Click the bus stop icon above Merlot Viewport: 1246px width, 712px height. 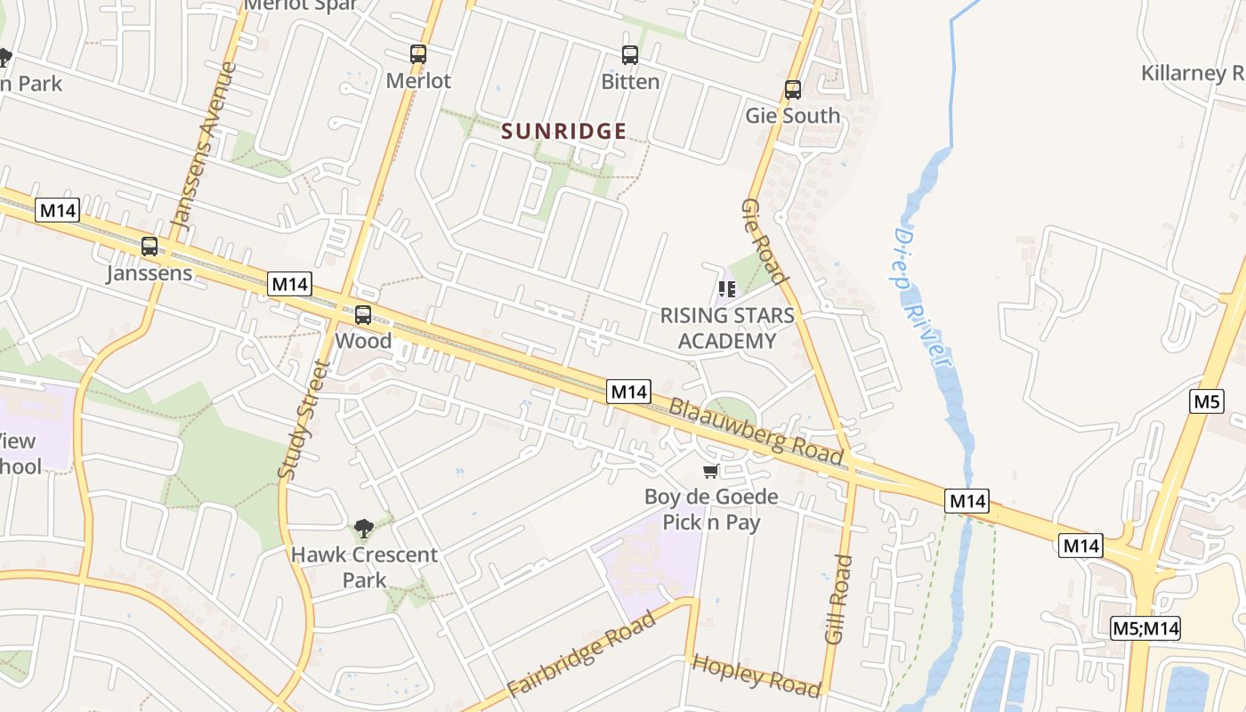[418, 54]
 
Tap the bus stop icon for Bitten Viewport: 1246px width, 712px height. [630, 55]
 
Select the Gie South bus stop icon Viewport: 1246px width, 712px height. [793, 90]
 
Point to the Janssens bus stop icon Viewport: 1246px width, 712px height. [150, 247]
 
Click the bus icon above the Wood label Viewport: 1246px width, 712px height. [363, 315]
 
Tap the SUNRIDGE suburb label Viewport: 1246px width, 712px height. [564, 132]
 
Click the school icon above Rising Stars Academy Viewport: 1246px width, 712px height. [727, 289]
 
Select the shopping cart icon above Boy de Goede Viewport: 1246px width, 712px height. [710, 471]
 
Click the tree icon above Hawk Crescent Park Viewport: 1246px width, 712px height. [363, 529]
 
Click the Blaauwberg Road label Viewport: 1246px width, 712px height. [756, 431]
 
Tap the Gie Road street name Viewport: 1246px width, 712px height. [765, 241]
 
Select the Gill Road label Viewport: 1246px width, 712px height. [838, 599]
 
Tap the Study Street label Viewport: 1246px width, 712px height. [303, 420]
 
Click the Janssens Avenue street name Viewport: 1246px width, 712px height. [204, 151]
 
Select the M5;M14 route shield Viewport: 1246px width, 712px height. [1145, 628]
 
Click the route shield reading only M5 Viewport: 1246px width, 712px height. [1207, 400]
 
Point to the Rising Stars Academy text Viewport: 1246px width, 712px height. [727, 328]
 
